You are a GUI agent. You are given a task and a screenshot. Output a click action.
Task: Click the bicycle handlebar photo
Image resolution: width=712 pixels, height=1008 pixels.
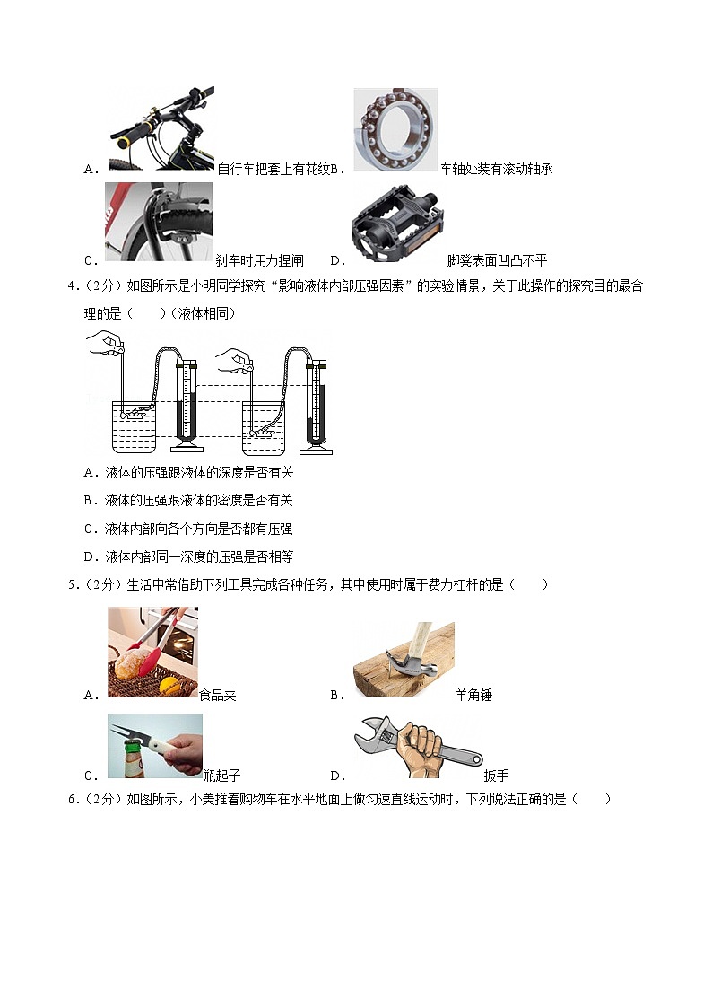pyautogui.click(x=161, y=128)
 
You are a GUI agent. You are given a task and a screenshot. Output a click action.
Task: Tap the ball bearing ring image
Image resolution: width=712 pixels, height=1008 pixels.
pyautogui.click(x=395, y=129)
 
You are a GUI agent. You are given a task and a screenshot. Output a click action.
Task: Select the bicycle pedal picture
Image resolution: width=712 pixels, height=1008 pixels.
pyautogui.click(x=398, y=224)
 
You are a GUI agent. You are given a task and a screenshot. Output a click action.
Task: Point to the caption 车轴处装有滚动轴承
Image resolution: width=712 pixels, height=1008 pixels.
pyautogui.click(x=495, y=169)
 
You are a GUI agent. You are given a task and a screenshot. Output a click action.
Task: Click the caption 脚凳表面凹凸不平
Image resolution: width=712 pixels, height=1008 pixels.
pyautogui.click(x=497, y=260)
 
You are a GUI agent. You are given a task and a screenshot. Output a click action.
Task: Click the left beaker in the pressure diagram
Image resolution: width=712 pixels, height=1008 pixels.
pyautogui.click(x=135, y=426)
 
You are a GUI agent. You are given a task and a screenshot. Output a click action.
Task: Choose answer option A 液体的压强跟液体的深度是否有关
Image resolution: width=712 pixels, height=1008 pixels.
pyautogui.click(x=188, y=472)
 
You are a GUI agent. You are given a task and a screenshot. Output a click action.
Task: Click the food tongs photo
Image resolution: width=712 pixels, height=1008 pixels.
pyautogui.click(x=152, y=653)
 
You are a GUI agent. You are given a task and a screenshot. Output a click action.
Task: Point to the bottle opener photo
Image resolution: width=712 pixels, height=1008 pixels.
pyautogui.click(x=154, y=746)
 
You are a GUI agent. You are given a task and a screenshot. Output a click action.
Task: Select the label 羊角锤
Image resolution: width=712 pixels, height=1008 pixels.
pyautogui.click(x=473, y=695)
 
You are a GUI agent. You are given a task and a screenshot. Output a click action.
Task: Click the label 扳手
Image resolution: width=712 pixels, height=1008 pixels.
pyautogui.click(x=496, y=776)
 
